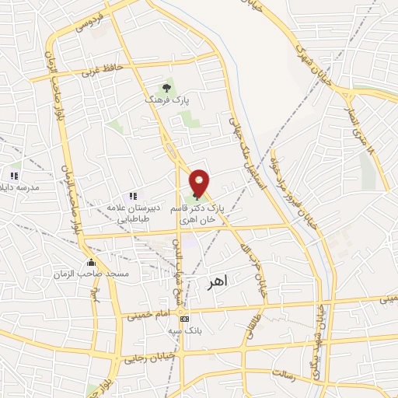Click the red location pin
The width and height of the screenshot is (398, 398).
click(200, 182)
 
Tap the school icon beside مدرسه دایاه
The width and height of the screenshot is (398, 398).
click(14, 176)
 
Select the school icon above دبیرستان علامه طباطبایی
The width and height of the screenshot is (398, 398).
click(133, 196)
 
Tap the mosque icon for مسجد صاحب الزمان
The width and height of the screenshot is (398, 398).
click(92, 262)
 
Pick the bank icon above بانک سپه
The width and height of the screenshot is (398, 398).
click(183, 318)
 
